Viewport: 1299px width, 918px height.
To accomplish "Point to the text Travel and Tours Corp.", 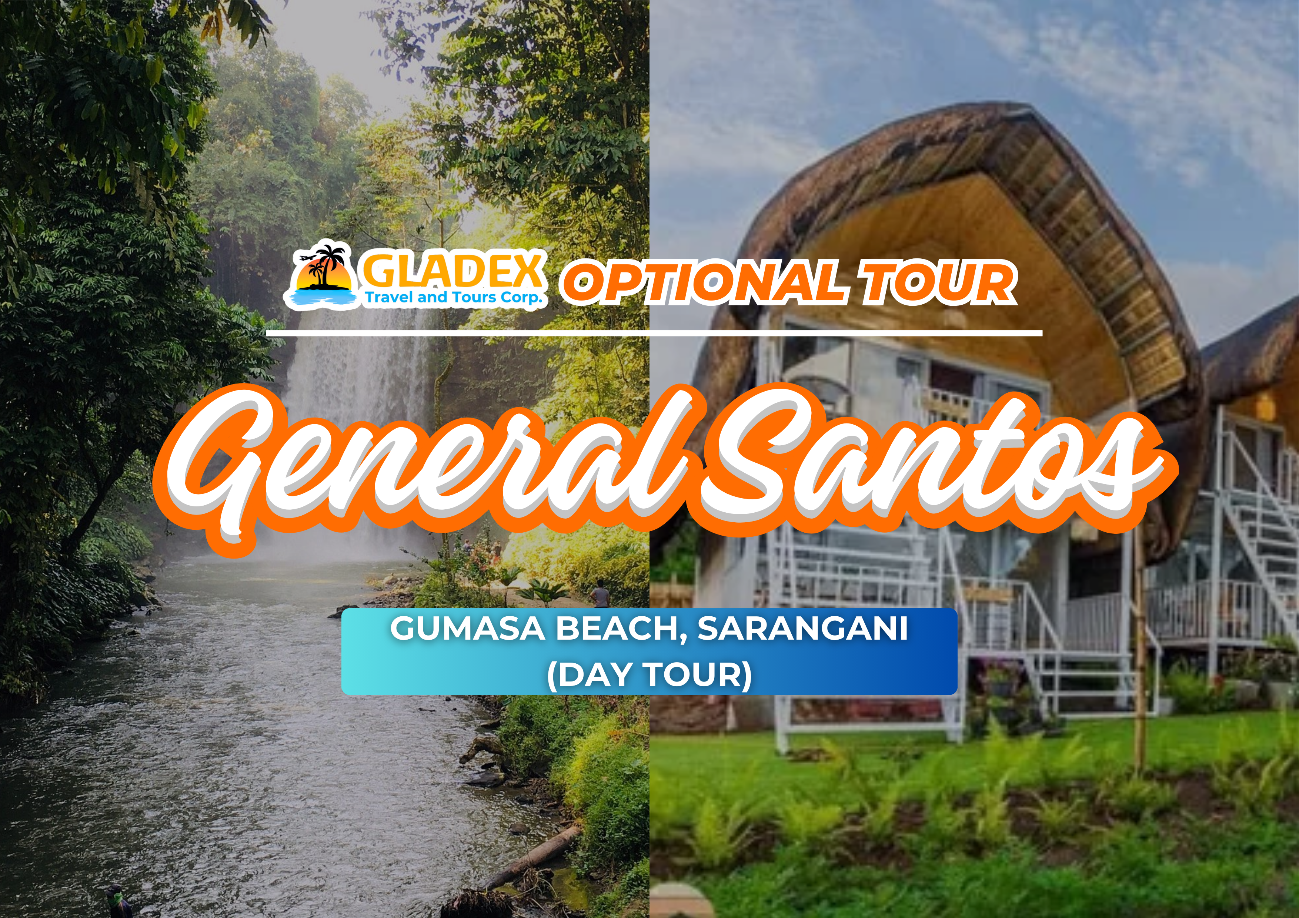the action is coord(453,298).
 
